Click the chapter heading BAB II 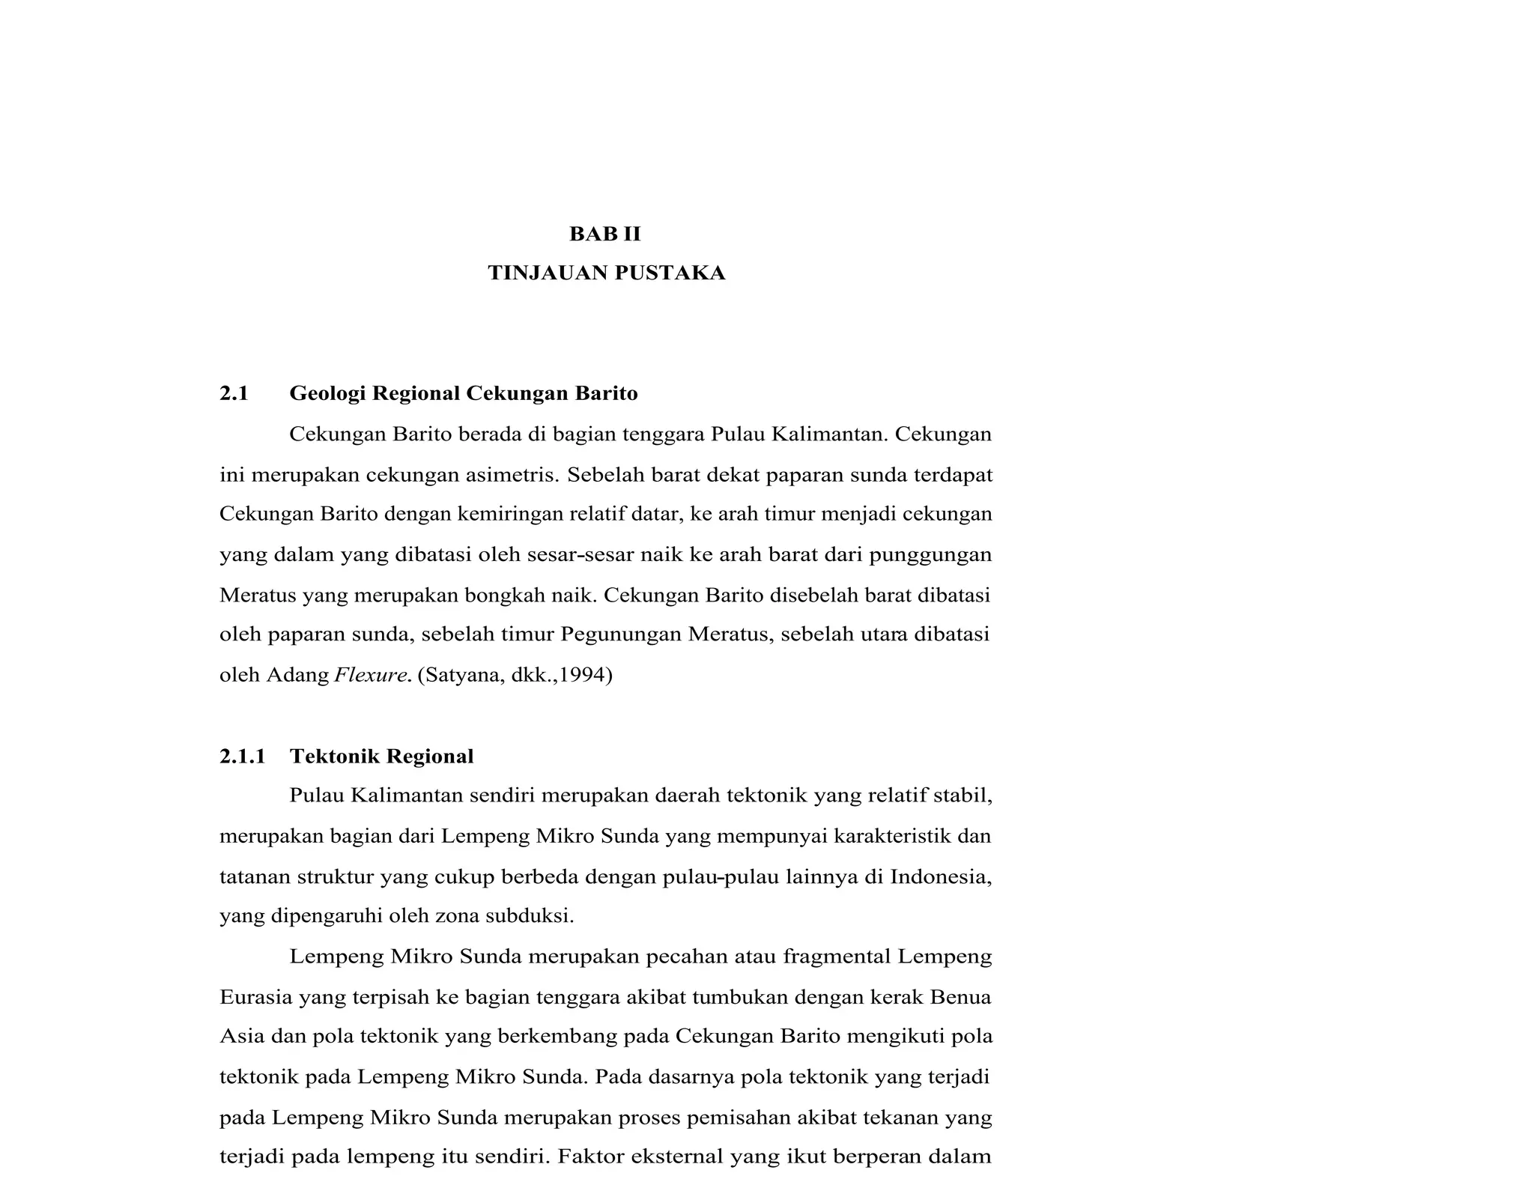(x=605, y=234)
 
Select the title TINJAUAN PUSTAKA (x=607, y=273)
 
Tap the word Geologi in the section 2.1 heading (x=327, y=394)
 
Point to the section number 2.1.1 (x=243, y=757)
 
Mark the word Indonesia (x=941, y=876)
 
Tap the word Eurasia (x=255, y=997)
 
